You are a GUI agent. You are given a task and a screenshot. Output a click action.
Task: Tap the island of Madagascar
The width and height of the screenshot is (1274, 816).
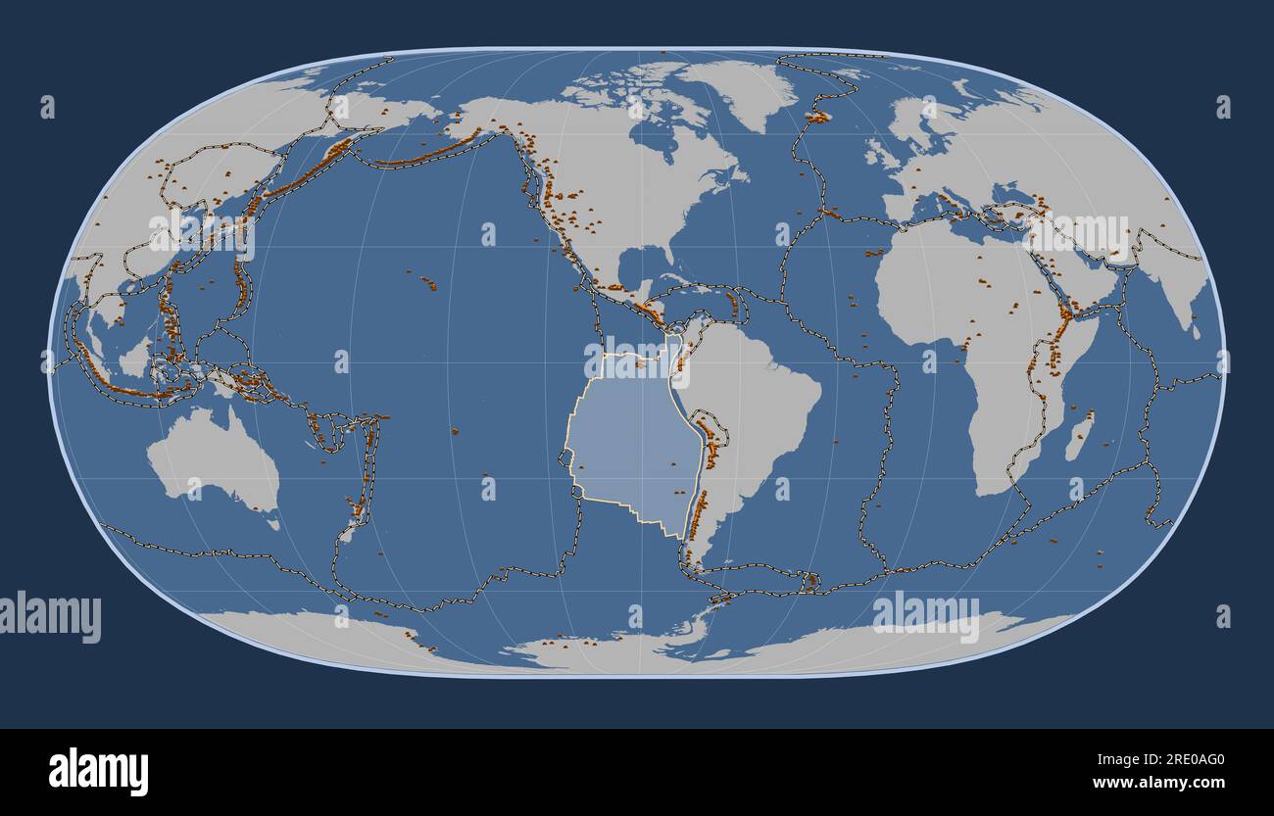tap(1079, 436)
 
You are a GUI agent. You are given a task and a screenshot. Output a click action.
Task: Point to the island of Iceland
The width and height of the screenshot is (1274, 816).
tap(816, 117)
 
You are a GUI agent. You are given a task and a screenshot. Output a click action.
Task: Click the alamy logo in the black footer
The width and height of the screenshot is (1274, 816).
tap(98, 771)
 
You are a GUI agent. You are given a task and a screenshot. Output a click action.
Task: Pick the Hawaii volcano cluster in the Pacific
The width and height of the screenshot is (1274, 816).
tap(429, 284)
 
